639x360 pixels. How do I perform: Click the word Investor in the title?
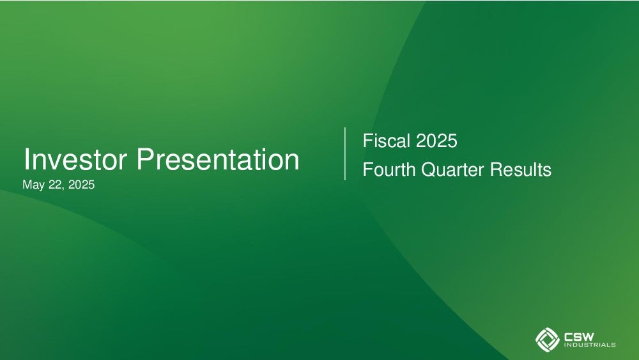[x=75, y=159]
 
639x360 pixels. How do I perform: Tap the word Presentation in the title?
[x=218, y=159]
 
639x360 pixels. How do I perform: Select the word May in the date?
[x=33, y=185]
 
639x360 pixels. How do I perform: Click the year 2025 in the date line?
[x=82, y=184]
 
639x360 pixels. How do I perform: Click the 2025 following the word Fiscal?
[x=436, y=141]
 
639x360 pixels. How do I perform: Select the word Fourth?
[x=389, y=169]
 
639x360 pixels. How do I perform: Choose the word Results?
[x=521, y=169]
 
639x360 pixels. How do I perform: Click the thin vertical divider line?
[x=345, y=153]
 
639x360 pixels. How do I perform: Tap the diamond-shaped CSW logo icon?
[x=548, y=339]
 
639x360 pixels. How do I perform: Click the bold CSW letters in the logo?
[x=579, y=337]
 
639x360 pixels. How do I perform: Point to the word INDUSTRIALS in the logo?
[x=590, y=345]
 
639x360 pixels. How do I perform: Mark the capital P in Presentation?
[x=144, y=159]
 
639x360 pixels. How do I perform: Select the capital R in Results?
[x=497, y=169]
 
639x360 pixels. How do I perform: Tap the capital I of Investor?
[x=26, y=159]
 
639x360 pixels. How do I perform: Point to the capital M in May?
[x=27, y=184]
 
